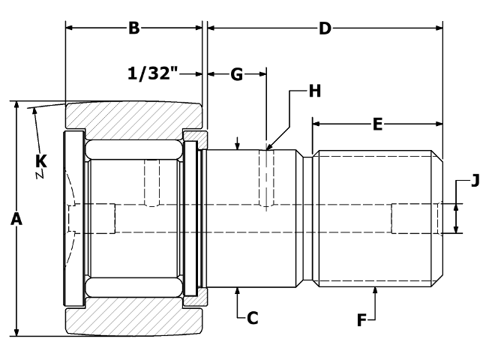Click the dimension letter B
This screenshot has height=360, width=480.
133,28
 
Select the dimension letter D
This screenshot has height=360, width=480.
325,28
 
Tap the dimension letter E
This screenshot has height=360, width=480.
377,124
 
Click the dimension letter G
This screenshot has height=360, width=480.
236,73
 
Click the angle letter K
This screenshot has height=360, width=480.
41,160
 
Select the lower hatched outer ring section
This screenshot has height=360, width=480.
133,321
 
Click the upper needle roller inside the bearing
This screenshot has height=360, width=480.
133,148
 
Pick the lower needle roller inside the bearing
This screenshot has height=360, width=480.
133,288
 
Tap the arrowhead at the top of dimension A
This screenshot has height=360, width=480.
16,106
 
